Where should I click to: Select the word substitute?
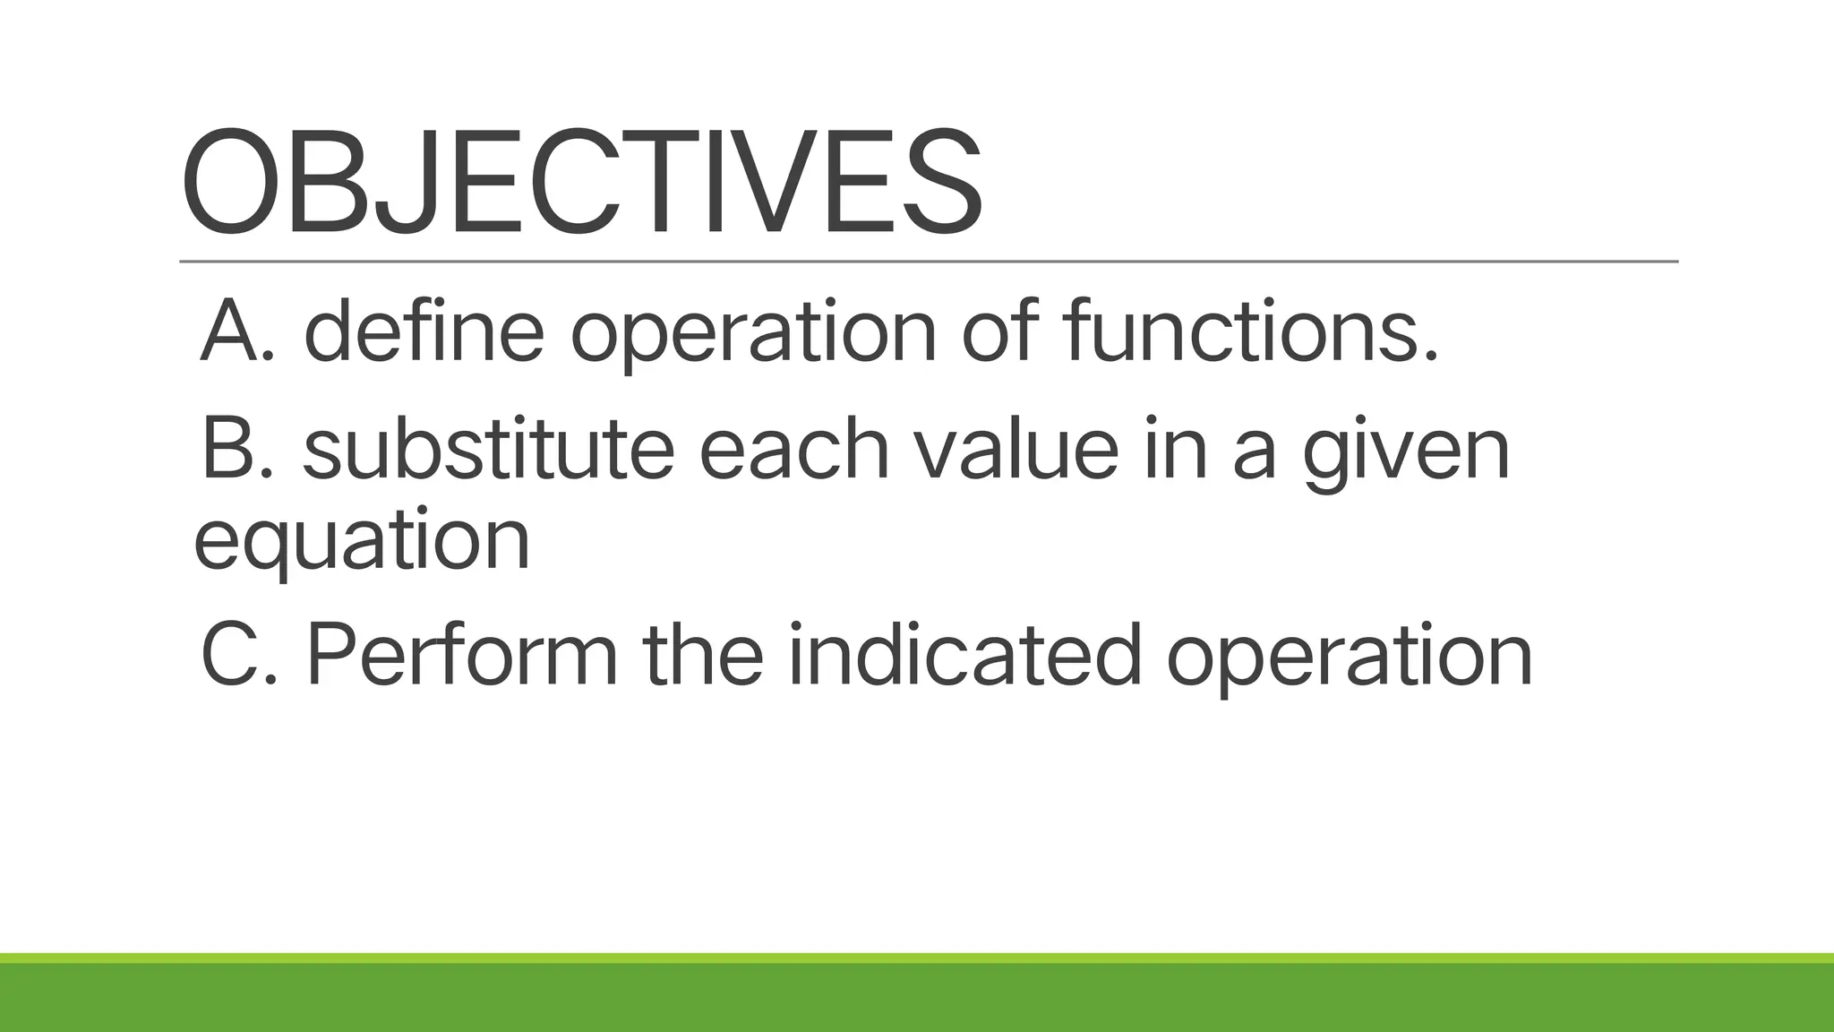pyautogui.click(x=489, y=450)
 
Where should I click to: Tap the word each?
pyautogui.click(x=793, y=450)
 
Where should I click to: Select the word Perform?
pyautogui.click(x=462, y=656)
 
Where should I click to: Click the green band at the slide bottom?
pyautogui.click(x=917, y=996)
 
